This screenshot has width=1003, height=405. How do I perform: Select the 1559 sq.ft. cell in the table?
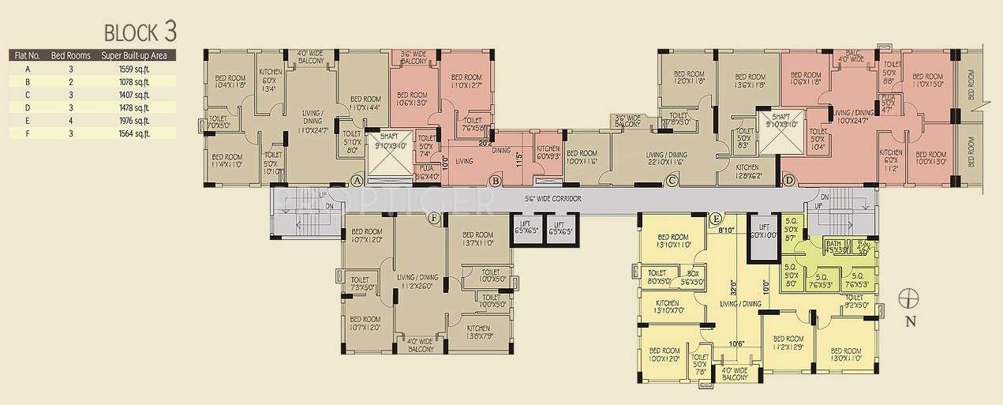coord(135,69)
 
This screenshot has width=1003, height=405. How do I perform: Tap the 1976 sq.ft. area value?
coord(135,121)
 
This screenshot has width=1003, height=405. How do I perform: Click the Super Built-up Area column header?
coord(135,56)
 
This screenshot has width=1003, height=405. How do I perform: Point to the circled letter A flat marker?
coord(357,181)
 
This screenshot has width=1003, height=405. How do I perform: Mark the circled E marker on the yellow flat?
coord(715,218)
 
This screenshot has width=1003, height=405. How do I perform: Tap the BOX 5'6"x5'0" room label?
coord(690,277)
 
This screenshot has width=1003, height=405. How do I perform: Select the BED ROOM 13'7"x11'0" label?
coord(478,239)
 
